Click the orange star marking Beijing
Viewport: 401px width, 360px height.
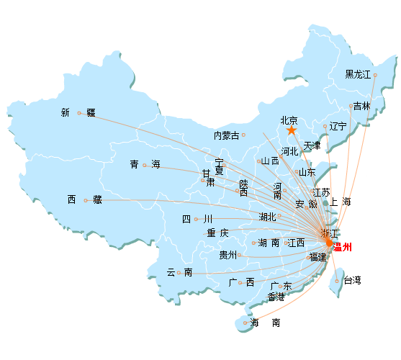click(292, 130)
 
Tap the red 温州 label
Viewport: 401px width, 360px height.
click(342, 247)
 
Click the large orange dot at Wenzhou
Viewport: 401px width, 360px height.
click(329, 243)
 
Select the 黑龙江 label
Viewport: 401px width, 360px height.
click(358, 75)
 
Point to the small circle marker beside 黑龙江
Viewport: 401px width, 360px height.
click(375, 75)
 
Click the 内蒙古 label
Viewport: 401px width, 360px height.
click(226, 135)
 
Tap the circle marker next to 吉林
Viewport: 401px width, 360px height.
click(351, 106)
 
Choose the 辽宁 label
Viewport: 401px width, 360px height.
click(338, 126)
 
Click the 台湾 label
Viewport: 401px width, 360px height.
click(352, 280)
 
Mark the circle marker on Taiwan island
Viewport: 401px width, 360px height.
click(337, 282)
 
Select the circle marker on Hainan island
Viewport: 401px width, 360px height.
click(245, 323)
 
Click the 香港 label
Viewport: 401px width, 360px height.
click(276, 297)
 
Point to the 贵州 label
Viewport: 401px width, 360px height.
click(228, 255)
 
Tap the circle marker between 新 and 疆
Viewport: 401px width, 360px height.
click(79, 113)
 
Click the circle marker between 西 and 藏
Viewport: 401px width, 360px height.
click(86, 200)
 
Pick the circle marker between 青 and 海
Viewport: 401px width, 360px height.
click(145, 165)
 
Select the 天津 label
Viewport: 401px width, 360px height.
click(312, 146)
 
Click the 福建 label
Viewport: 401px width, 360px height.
click(318, 257)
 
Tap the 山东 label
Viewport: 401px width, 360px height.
click(307, 172)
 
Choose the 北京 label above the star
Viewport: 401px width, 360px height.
click(289, 120)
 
